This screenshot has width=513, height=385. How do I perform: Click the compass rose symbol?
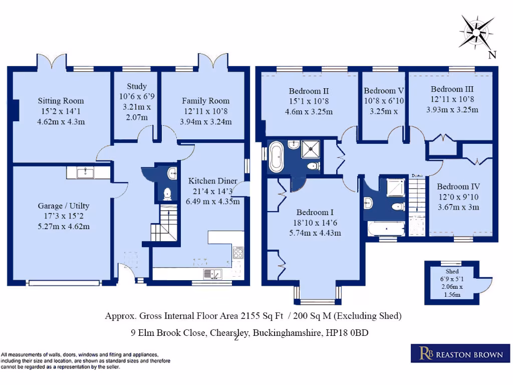tap(476, 32)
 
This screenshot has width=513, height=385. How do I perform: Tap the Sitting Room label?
tap(61, 101)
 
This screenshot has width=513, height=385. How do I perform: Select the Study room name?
tap(136, 86)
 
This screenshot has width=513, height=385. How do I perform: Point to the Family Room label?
tap(205, 101)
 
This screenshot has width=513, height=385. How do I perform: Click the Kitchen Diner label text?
tap(212, 181)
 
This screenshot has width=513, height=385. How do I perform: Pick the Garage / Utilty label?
tap(63, 206)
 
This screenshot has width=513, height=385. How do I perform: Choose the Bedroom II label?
tap(309, 91)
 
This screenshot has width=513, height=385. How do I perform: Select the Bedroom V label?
tap(384, 91)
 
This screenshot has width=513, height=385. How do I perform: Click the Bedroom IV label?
tap(458, 186)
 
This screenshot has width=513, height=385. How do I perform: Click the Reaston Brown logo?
tap(457, 354)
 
